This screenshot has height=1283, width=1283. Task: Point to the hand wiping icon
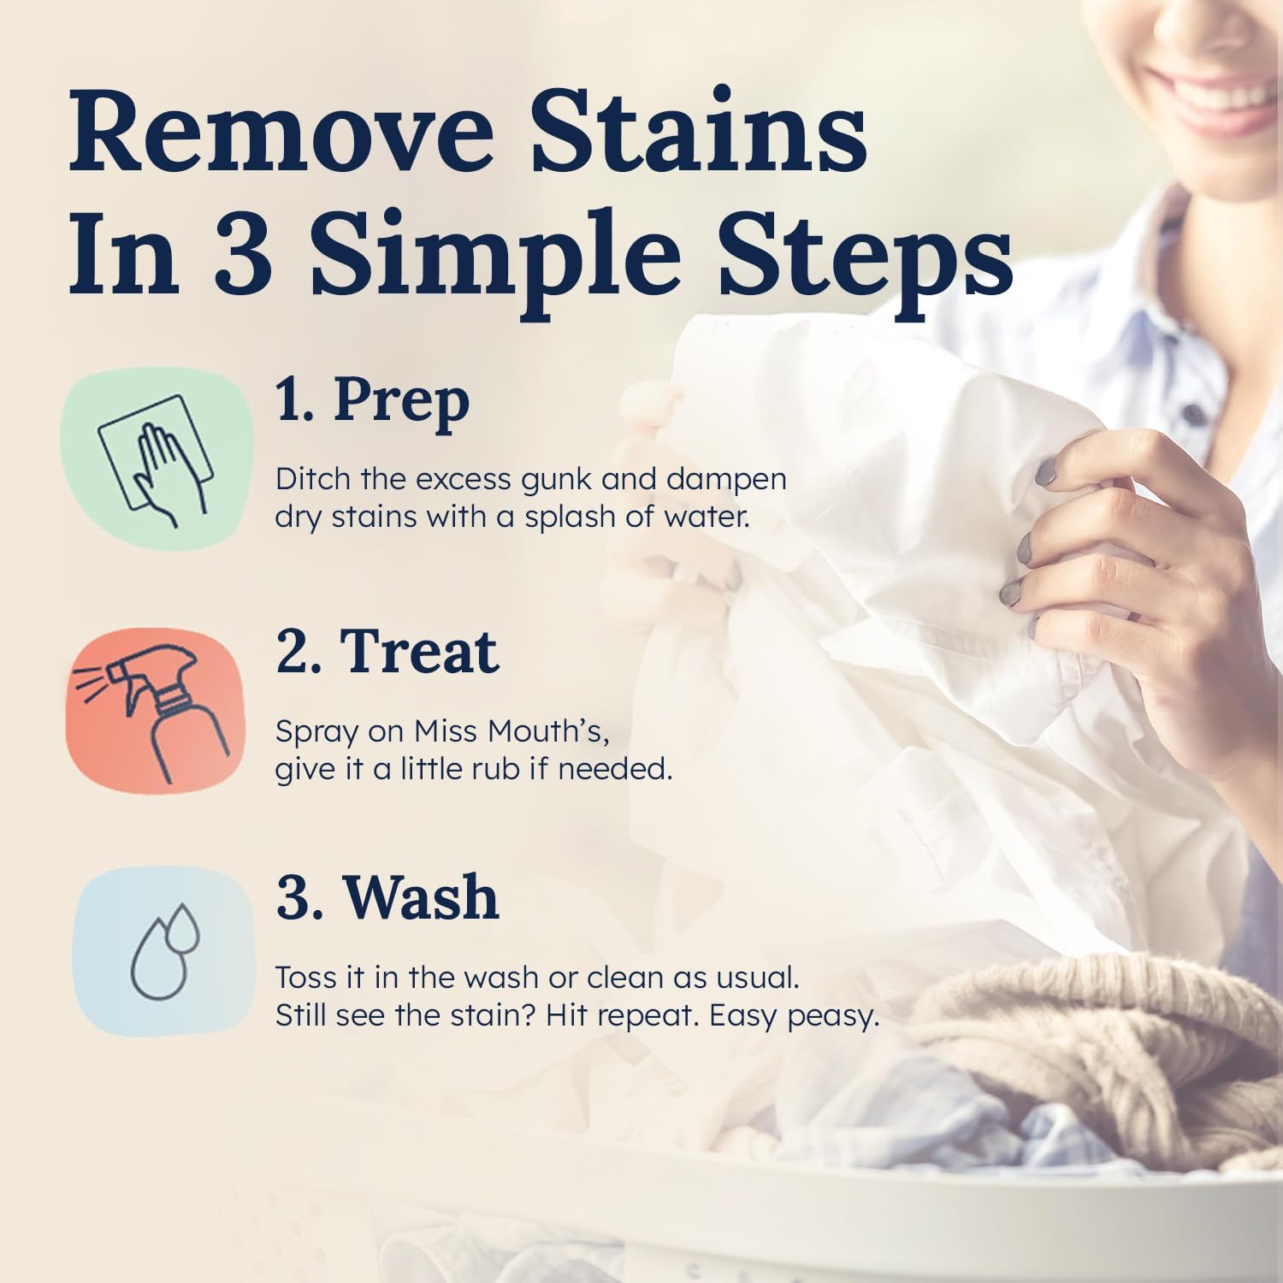tap(157, 461)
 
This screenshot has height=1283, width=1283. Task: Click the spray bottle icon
tap(155, 712)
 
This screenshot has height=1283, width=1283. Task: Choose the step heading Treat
tap(419, 652)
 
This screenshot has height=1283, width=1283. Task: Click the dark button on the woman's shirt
tap(1192, 412)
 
